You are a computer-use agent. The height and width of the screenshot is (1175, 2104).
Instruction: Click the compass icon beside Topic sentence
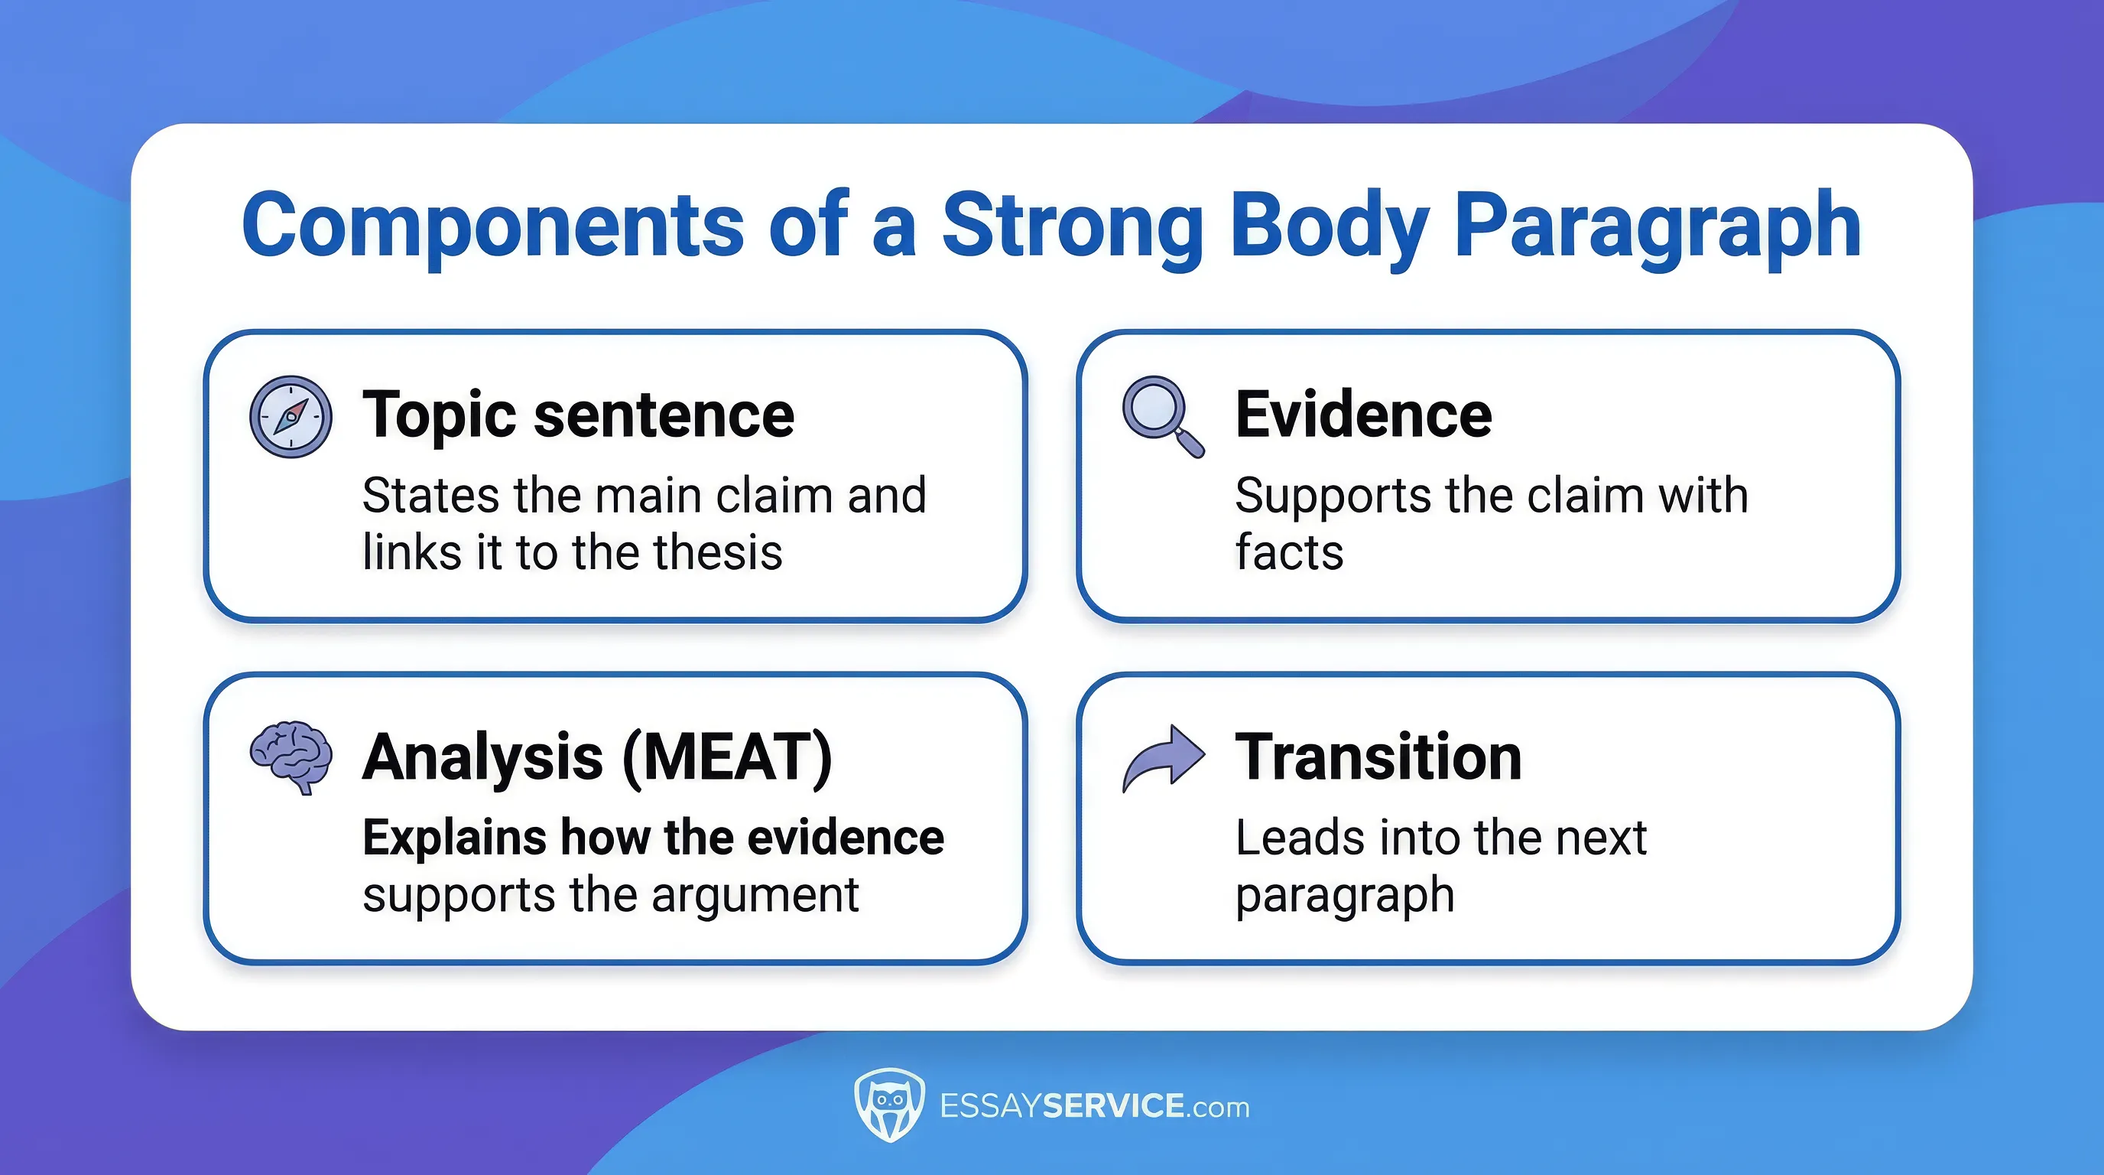pyautogui.click(x=291, y=417)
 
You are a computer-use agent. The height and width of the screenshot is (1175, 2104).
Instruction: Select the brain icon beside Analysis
pyautogui.click(x=291, y=755)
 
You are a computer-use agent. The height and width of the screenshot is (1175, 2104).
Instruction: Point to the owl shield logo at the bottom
pyautogui.click(x=888, y=1105)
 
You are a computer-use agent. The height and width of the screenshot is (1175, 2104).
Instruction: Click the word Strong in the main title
pyautogui.click(x=1073, y=225)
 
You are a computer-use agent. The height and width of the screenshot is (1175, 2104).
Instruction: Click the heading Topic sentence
pyautogui.click(x=578, y=415)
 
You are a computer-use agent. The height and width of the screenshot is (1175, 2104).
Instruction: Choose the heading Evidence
pyautogui.click(x=1363, y=415)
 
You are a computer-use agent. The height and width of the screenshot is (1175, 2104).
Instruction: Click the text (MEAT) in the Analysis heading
pyautogui.click(x=727, y=757)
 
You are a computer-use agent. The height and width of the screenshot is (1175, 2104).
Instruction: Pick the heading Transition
pyautogui.click(x=1378, y=757)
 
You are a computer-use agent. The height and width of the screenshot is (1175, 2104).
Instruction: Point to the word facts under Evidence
pyautogui.click(x=1289, y=552)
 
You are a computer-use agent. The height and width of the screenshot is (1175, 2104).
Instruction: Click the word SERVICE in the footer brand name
pyautogui.click(x=1113, y=1105)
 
